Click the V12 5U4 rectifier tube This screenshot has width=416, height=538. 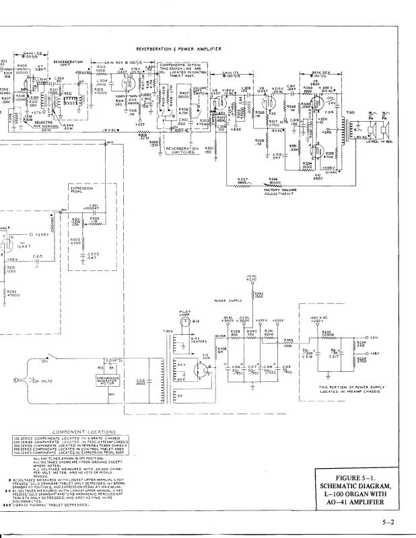199,368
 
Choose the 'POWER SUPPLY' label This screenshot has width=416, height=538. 227,301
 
